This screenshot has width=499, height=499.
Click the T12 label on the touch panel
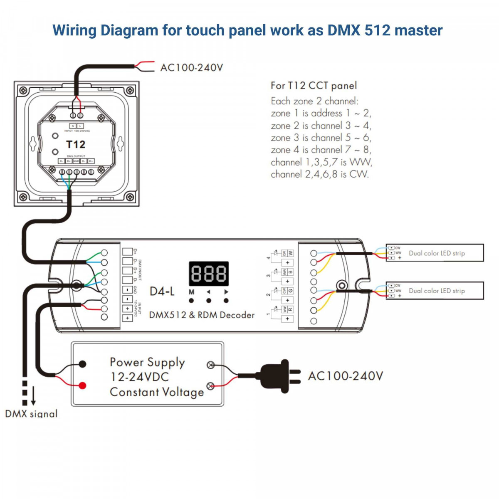click(76, 144)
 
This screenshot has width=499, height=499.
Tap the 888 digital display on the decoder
click(209, 274)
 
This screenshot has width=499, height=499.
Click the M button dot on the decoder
click(191, 300)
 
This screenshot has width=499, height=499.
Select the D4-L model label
click(162, 291)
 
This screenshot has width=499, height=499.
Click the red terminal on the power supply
click(83, 385)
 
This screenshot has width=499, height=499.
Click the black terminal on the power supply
click(83, 364)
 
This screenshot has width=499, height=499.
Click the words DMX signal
click(31, 414)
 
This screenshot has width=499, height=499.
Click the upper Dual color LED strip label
click(437, 253)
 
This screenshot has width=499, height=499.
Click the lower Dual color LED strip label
click(437, 291)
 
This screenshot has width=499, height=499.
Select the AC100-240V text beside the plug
click(345, 376)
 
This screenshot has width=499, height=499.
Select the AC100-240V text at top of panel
click(192, 67)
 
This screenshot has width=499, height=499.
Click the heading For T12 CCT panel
click(314, 86)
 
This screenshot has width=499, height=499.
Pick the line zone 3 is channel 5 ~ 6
click(321, 138)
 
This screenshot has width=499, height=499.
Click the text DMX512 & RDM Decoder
click(202, 315)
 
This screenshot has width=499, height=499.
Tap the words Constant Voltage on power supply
click(157, 392)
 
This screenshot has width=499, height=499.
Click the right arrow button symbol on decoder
click(226, 292)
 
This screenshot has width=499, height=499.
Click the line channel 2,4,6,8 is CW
click(319, 174)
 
